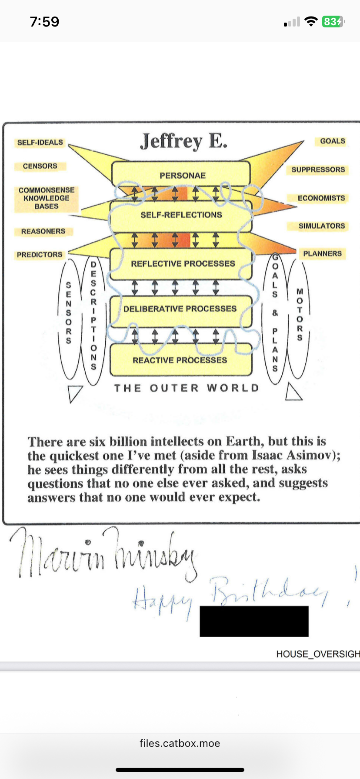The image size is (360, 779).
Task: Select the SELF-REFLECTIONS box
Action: pos(181,215)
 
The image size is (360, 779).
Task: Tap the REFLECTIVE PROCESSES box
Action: pos(182,263)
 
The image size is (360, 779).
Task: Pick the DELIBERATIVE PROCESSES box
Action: pos(180,309)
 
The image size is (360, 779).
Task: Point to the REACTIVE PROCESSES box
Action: pos(180,360)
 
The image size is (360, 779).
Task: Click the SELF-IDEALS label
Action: pos(40,143)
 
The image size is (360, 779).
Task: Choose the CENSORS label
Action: pos(40,166)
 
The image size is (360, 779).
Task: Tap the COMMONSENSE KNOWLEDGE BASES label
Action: pos(47,198)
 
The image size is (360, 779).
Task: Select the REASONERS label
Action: pos(43,231)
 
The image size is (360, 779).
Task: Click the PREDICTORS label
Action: pos(40,255)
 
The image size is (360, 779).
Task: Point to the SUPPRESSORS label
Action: pos(318,170)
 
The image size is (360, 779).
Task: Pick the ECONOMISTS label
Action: pos(321,198)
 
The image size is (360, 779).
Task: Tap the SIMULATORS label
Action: pos(321,226)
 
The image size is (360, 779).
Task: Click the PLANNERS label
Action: pos(322,254)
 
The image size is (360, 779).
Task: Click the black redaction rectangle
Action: pos(254,621)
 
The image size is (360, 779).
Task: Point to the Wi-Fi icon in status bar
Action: pos(311,21)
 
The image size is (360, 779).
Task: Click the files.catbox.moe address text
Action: pos(180,743)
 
